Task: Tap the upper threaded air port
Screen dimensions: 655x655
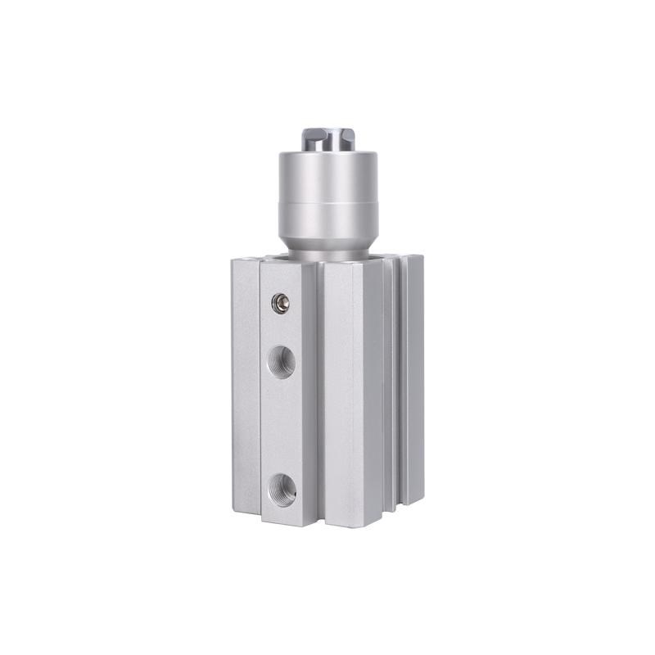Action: tap(281, 358)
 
